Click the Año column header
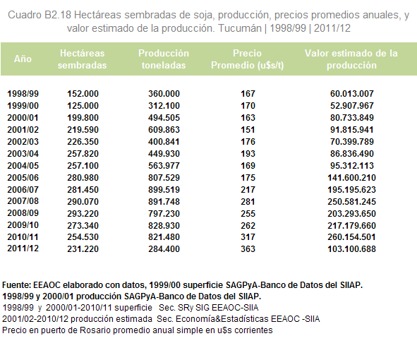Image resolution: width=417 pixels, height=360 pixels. point(23,59)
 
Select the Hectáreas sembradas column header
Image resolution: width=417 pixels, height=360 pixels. point(82,59)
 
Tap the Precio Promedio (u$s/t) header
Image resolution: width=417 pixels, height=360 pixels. point(248,59)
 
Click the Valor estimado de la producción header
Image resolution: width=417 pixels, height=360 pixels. point(351,59)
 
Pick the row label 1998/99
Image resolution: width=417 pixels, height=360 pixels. point(23,94)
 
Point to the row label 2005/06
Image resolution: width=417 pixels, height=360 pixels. point(23,177)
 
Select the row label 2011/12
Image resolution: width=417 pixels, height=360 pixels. point(23,248)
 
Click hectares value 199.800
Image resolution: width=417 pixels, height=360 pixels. point(83,118)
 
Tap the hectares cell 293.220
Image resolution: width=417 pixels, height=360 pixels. point(83,213)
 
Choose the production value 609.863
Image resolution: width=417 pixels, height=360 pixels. point(164,130)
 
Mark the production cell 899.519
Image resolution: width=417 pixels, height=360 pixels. point(164,189)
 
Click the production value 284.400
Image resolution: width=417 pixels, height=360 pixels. point(164,248)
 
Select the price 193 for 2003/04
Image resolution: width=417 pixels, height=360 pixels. point(248,153)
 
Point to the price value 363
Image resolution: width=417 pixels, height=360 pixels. point(248,248)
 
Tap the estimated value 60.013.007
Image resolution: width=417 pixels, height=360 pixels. point(352,94)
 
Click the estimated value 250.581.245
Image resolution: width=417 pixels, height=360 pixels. point(351,201)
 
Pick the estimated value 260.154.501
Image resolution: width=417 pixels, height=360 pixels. point(351,236)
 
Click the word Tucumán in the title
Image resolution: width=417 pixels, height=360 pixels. point(240,28)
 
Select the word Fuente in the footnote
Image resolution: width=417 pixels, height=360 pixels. point(16,285)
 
